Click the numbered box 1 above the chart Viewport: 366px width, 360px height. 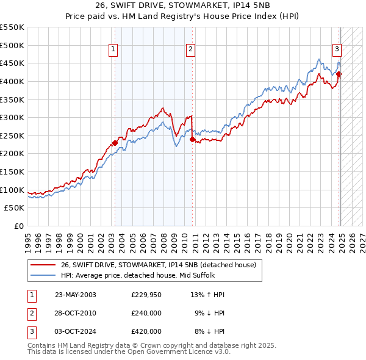(x=114, y=51)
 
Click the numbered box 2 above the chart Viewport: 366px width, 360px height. (x=191, y=51)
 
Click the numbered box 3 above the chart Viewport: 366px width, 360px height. (x=337, y=51)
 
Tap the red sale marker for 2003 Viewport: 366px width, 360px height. (x=115, y=143)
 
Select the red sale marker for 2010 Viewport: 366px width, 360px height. (x=192, y=139)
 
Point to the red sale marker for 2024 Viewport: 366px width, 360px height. (x=339, y=74)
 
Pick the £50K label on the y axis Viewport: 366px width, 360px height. (x=15, y=208)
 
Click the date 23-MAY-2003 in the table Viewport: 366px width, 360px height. (x=75, y=295)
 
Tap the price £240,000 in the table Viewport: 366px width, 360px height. (x=146, y=313)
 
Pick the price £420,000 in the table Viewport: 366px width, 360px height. (x=146, y=331)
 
